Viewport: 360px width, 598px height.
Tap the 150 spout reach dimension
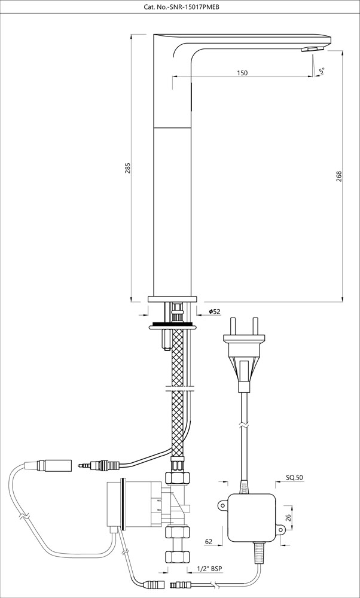[242, 73]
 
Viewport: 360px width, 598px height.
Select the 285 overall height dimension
[127, 169]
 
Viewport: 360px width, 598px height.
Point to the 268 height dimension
[339, 177]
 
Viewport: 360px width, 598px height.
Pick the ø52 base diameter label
[215, 312]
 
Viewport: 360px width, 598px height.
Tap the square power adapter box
[251, 518]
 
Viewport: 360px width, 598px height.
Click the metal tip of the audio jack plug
[83, 463]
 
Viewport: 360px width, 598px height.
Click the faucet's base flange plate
[173, 298]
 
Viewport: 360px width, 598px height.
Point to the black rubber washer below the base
[173, 326]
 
